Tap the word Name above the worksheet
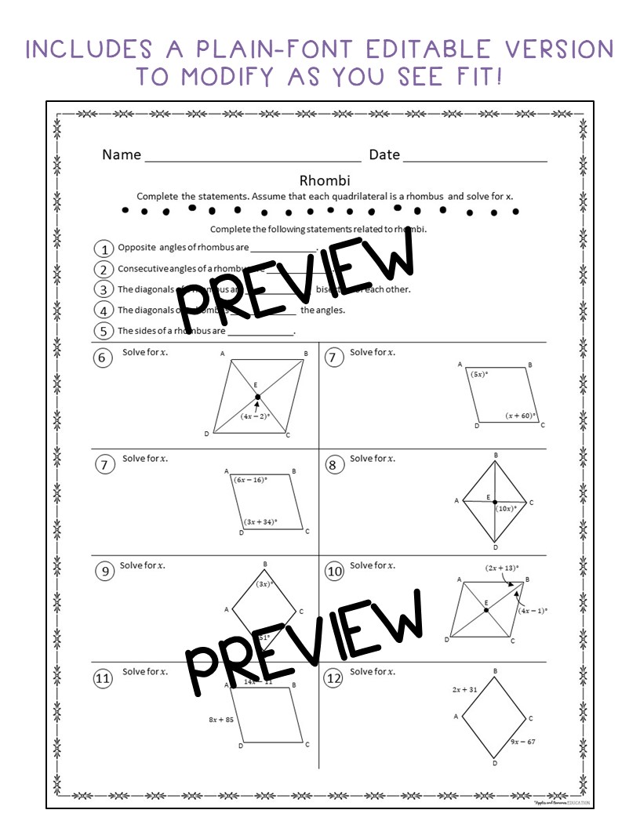point(122,154)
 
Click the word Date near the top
point(384,154)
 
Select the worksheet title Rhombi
point(318,180)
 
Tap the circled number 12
point(335,679)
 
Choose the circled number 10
point(335,572)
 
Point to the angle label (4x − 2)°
point(255,416)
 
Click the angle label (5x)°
point(479,375)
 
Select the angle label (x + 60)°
point(520,416)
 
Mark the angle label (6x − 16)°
point(250,479)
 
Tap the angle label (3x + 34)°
point(261,521)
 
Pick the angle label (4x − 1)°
point(533,610)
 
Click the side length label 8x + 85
point(220,719)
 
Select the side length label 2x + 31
point(465,689)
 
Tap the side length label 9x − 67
point(522,741)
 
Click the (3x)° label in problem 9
point(264,583)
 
